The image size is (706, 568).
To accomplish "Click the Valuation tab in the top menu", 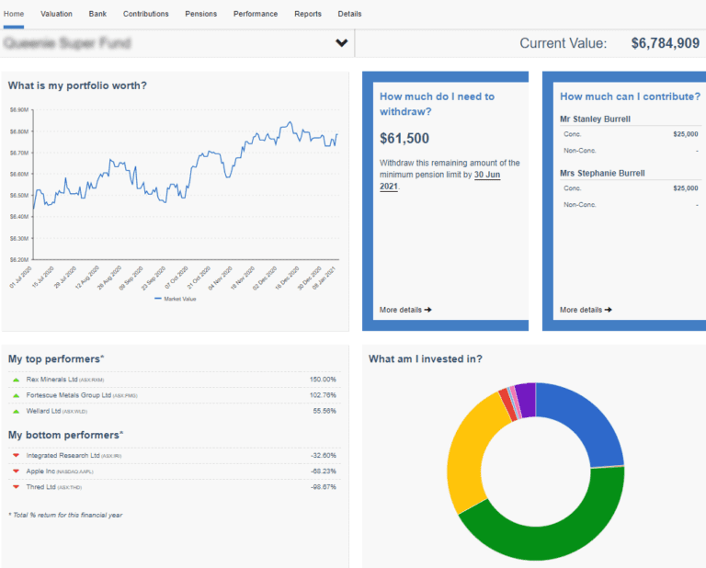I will [57, 14].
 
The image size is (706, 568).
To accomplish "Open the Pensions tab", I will [201, 14].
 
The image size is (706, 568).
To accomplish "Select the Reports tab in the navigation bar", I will [308, 14].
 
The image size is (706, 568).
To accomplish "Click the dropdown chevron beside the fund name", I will [342, 43].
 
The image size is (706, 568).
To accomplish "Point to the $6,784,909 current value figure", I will [665, 43].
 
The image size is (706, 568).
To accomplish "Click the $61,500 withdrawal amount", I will [404, 139].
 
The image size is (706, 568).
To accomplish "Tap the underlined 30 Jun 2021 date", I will [487, 175].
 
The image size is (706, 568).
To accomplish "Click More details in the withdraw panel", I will [405, 310].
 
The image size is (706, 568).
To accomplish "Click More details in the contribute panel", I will [586, 310].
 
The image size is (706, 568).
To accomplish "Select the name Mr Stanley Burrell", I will [595, 119].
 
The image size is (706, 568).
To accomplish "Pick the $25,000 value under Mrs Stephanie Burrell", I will [685, 188].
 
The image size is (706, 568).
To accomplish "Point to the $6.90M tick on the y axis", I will [19, 109].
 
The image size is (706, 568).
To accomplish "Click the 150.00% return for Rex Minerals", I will [322, 380].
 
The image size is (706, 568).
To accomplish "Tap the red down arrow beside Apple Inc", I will [16, 471].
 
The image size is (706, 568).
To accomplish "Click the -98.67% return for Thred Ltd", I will [322, 486].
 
